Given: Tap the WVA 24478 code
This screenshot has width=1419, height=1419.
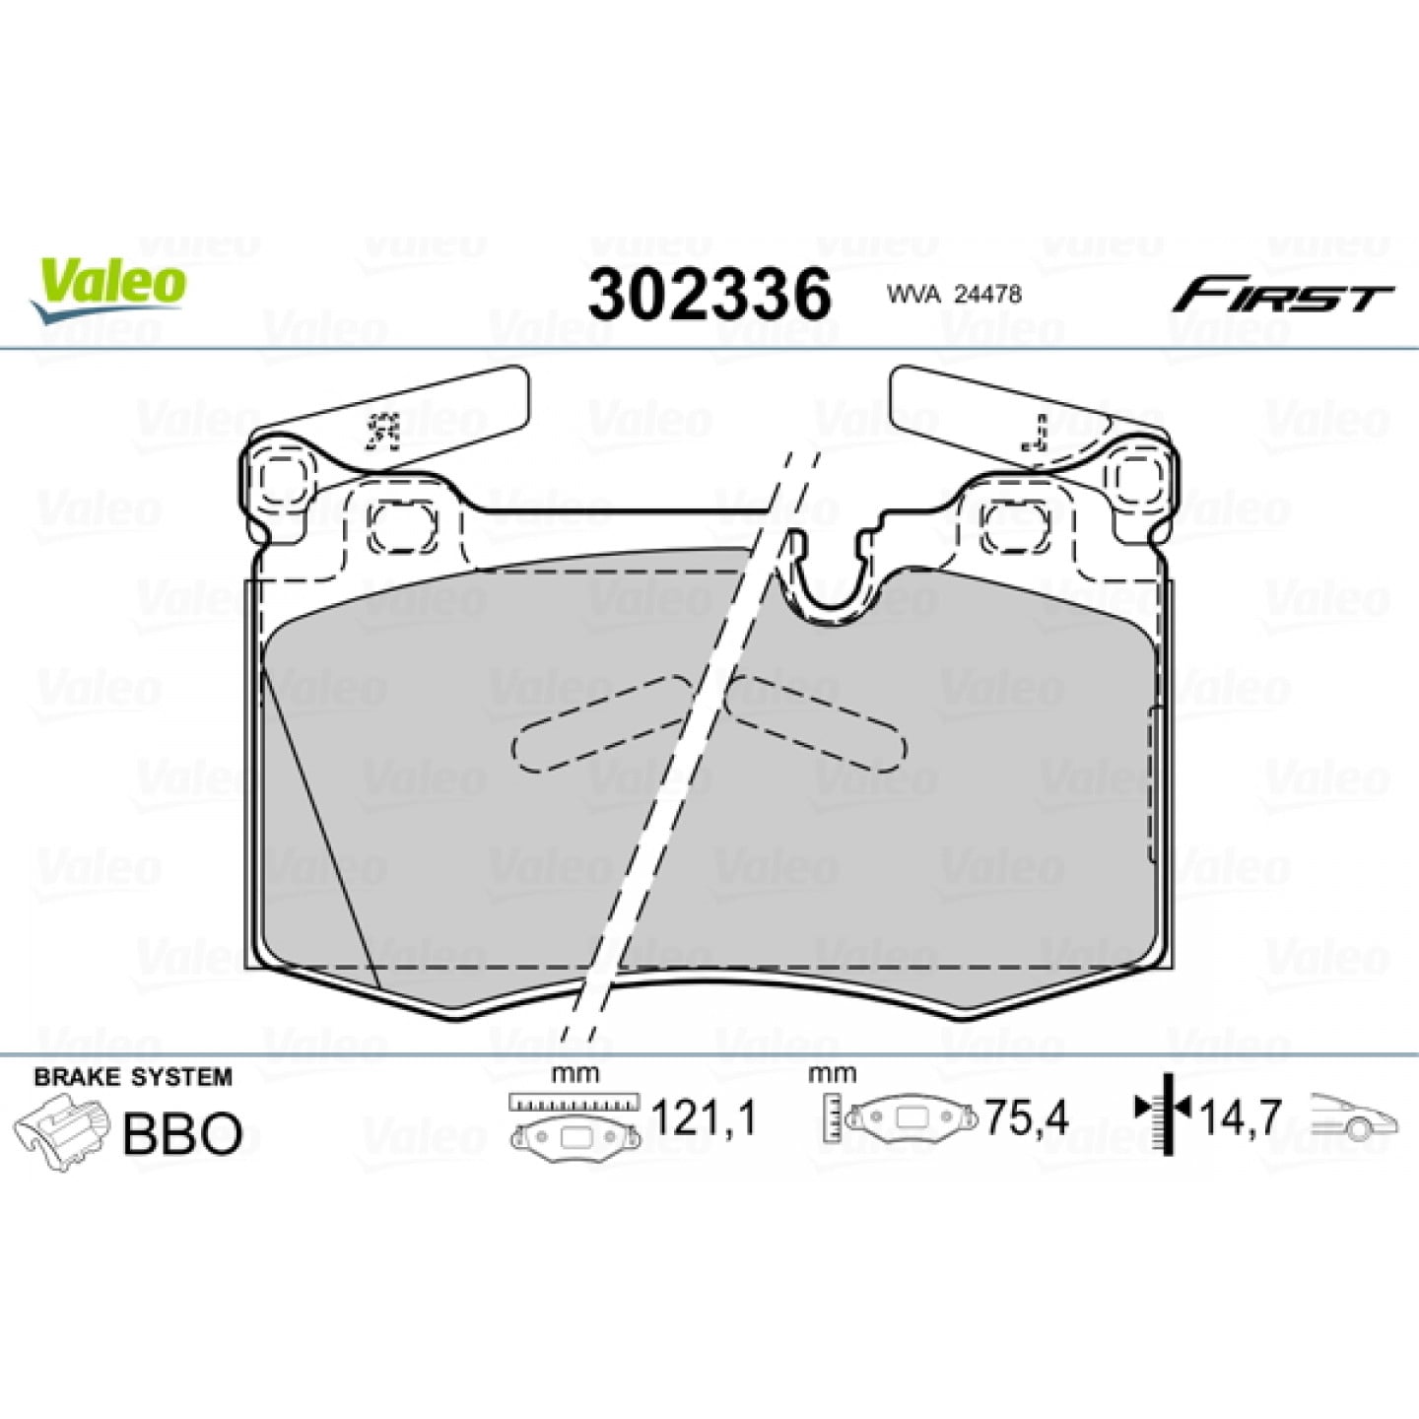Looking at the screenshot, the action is (954, 295).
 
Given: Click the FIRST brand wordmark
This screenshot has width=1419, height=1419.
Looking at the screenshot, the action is (1282, 295).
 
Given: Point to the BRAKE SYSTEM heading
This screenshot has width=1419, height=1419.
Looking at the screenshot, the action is (133, 1077).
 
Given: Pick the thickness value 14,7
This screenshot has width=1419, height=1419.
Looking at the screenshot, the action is (1241, 1120).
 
